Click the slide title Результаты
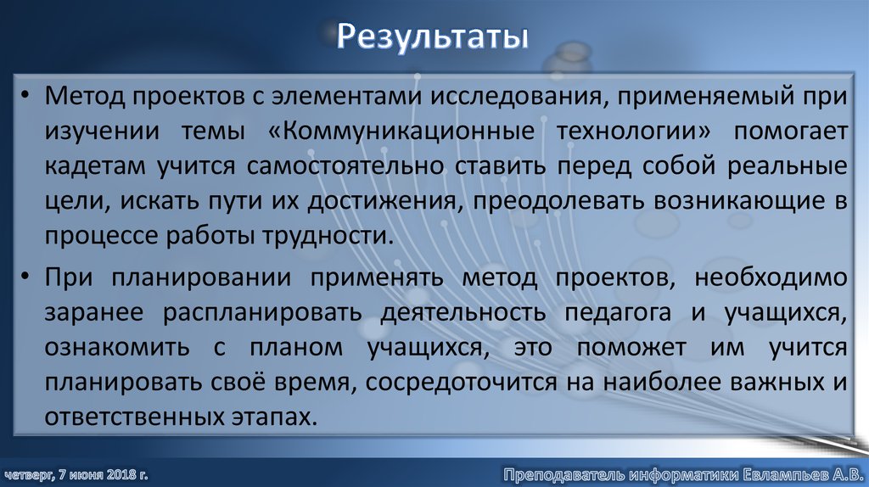coord(433,37)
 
